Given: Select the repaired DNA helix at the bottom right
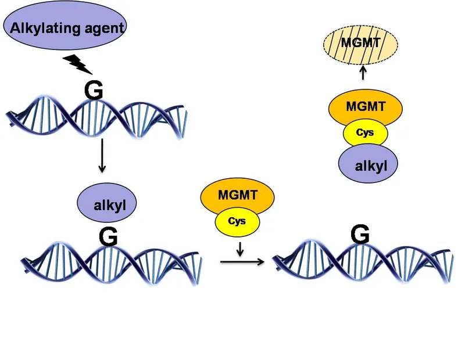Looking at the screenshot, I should pos(363,261).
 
